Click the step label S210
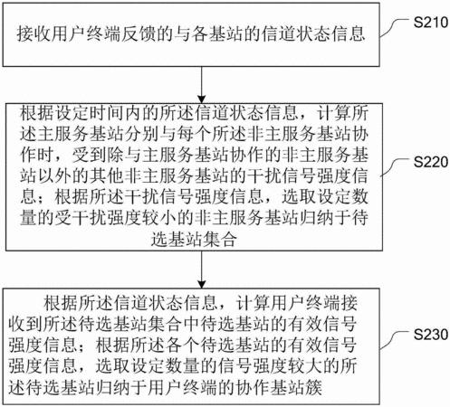(431, 23)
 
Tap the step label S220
(431, 162)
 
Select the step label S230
(431, 335)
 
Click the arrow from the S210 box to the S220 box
(201, 85)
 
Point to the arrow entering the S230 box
(201, 270)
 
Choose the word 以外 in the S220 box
(55, 175)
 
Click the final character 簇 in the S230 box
(314, 386)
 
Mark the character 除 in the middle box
(116, 155)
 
